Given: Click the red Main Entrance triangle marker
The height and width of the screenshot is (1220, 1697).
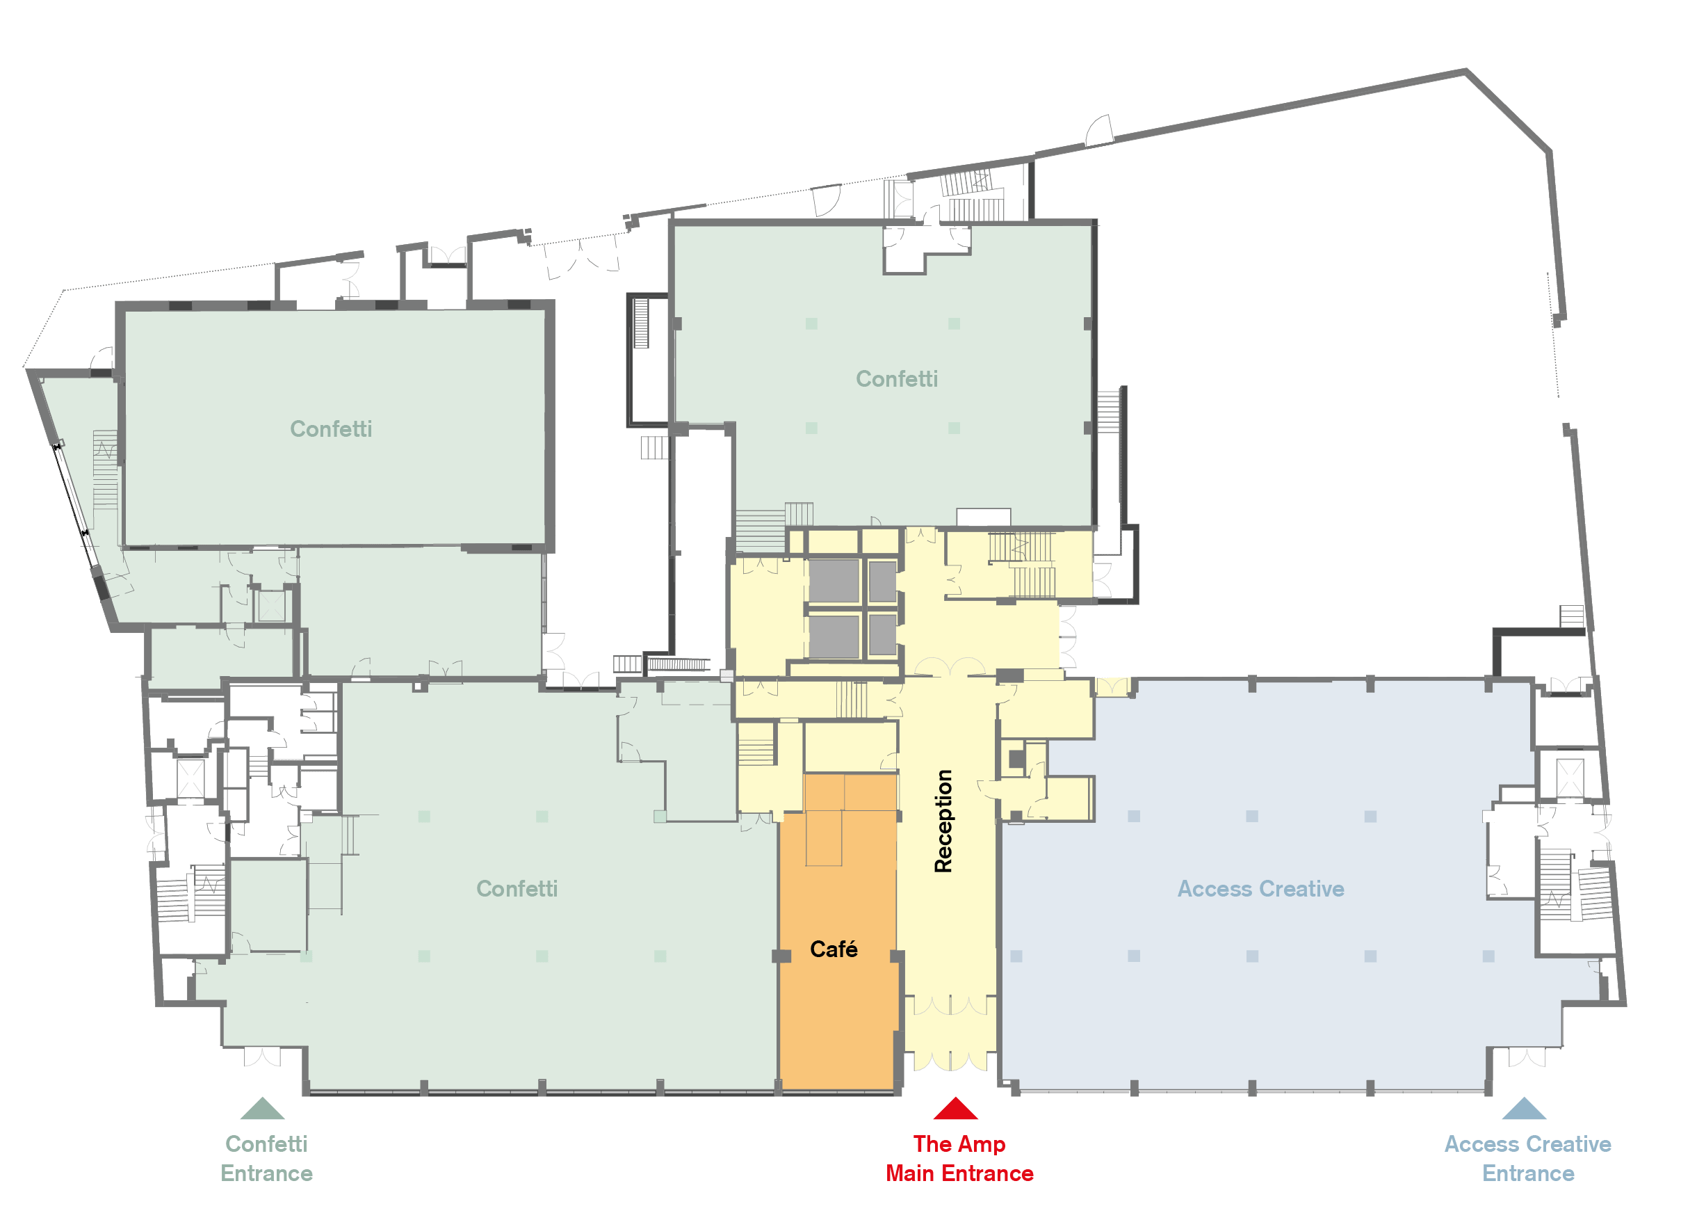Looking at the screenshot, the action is (x=955, y=1109).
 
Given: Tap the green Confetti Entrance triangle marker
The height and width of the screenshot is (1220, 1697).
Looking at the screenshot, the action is (x=262, y=1109).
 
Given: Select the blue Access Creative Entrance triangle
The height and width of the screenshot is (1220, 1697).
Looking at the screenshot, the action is (x=1524, y=1109).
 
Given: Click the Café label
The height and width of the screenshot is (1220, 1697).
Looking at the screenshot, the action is (x=834, y=949).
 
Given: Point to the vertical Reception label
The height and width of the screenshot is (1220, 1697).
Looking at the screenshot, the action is (x=943, y=821).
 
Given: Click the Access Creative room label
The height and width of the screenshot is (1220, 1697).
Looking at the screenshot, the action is (x=1261, y=888).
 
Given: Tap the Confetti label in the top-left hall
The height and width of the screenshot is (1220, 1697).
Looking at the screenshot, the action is (x=331, y=429).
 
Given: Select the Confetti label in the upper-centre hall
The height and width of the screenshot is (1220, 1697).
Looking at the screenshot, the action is (x=896, y=378).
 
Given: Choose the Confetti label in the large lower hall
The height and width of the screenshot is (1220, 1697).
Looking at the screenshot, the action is (x=517, y=888).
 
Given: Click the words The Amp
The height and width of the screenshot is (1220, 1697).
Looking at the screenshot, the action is (x=959, y=1144).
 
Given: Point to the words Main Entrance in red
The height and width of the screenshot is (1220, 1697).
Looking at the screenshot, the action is (x=959, y=1173).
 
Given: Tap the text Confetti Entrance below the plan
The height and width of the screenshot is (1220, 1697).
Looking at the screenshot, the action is (x=266, y=1159).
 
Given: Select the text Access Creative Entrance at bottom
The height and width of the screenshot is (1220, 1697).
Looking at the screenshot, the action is (x=1528, y=1159).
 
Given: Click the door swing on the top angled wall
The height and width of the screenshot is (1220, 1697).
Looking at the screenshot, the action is (x=1099, y=130).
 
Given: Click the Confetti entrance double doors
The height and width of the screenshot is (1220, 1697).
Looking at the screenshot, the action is (x=262, y=1057).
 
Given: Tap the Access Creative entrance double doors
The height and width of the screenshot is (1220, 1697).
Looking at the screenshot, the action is (x=1527, y=1057).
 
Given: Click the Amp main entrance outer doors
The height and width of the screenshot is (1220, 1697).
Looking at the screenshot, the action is (x=950, y=1061).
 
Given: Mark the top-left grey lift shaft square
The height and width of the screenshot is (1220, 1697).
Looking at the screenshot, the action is (x=834, y=581).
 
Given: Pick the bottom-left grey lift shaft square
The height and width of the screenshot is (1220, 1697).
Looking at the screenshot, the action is (x=834, y=636).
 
